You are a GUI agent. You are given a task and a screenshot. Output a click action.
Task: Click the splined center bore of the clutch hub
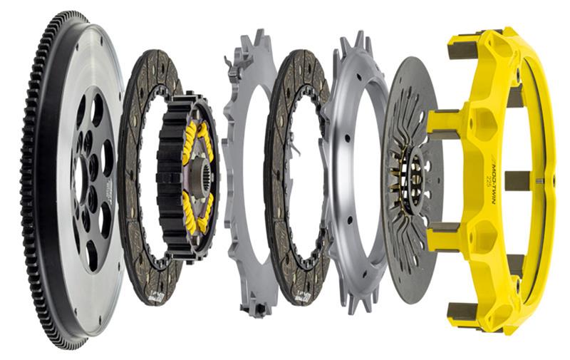coord(198,174)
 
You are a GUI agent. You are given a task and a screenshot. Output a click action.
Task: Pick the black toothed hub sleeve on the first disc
coord(171,178)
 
